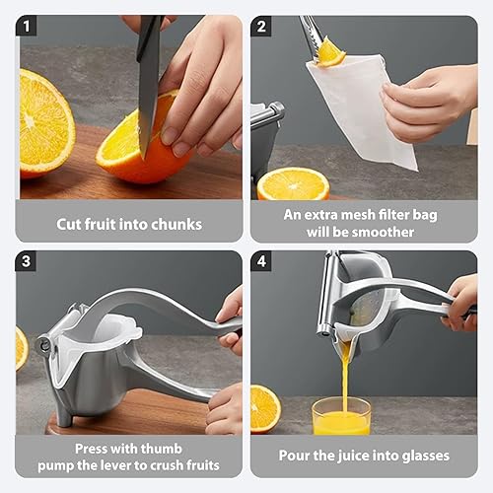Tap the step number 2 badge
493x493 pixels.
pyautogui.click(x=262, y=27)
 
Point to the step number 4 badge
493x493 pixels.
pyautogui.click(x=262, y=262)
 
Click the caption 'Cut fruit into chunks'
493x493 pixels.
pyautogui.click(x=128, y=224)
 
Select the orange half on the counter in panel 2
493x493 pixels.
pyautogui.click(x=293, y=184)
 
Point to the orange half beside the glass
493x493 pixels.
pyautogui.click(x=264, y=407)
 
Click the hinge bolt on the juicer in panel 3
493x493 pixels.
pyautogui.click(x=44, y=344)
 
